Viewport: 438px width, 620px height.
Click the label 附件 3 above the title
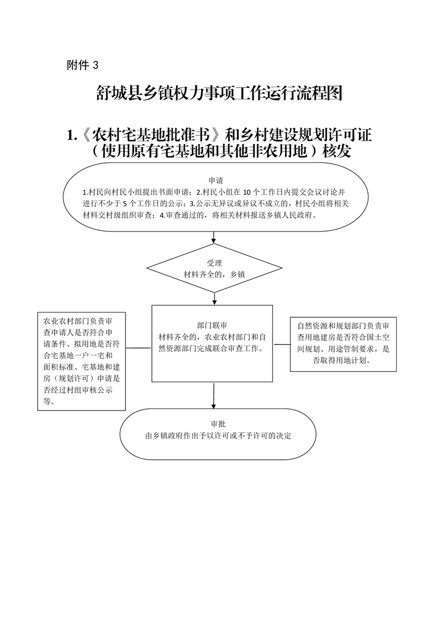coord(83,65)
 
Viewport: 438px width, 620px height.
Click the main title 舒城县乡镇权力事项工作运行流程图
coord(219,93)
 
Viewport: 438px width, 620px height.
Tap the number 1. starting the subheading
coord(72,135)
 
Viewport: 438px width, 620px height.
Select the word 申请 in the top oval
coord(216,181)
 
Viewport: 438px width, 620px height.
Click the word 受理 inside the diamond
coord(214,263)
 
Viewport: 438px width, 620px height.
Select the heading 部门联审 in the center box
coord(212,326)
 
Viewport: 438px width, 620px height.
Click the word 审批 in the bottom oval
coord(218,424)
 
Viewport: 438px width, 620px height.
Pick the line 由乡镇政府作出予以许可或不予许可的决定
coord(218,436)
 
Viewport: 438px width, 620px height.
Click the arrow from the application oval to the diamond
coord(214,237)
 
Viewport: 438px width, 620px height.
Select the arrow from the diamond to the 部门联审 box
coord(214,298)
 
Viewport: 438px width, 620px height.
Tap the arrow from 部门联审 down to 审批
coord(213,396)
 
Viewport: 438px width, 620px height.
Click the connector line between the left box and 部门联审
coord(139,348)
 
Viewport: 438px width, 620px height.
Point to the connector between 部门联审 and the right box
coord(282,344)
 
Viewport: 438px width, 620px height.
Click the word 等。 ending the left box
coord(49,401)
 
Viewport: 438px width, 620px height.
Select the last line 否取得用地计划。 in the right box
coord(342,361)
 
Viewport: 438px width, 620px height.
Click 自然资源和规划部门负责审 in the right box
coord(343,326)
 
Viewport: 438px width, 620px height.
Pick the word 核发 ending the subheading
coord(337,151)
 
